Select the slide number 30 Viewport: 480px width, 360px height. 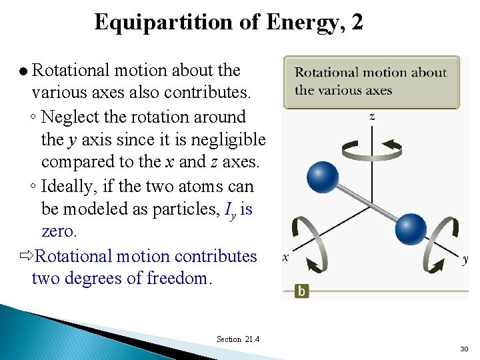(x=463, y=349)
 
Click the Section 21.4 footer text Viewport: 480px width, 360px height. (x=238, y=339)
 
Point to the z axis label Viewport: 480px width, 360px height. (x=371, y=117)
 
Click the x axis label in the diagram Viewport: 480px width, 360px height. (x=285, y=257)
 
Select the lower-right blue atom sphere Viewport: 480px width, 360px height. (x=410, y=230)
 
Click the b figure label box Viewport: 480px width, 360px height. (x=302, y=291)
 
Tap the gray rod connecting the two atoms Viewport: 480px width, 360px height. (x=367, y=204)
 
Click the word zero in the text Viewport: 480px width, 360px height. (x=59, y=231)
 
